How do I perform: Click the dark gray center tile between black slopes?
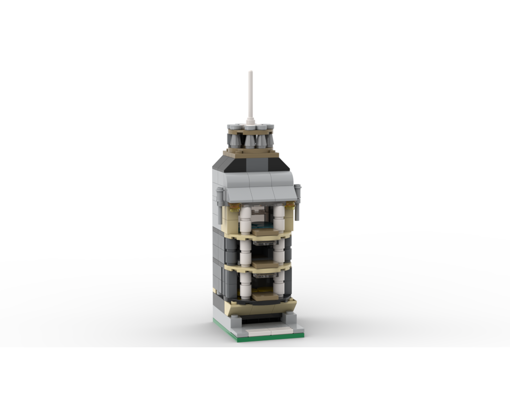click(x=251, y=164)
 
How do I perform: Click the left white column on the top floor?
click(x=245, y=220)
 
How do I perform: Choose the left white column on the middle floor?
click(x=246, y=252)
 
